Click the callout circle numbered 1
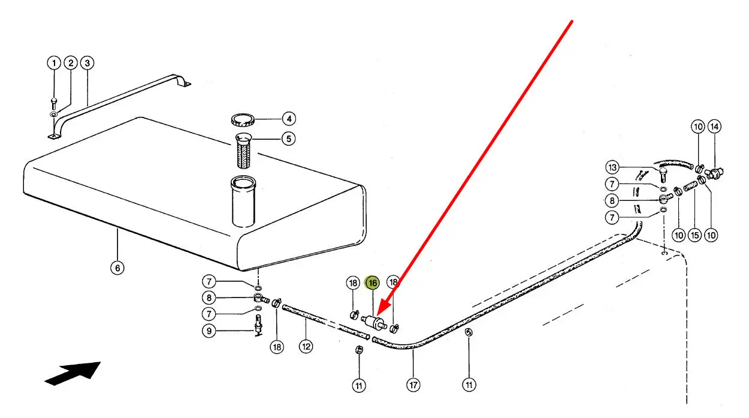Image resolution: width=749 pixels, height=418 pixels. click(x=54, y=63)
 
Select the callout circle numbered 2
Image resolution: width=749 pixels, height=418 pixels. click(x=71, y=63)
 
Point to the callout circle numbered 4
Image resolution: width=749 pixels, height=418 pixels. click(x=288, y=119)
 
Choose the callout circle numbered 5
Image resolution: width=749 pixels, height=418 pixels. click(x=288, y=139)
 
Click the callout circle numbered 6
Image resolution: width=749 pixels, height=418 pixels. click(x=117, y=268)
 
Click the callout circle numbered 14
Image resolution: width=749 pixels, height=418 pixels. click(x=714, y=127)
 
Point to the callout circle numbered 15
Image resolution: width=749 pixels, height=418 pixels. click(x=694, y=235)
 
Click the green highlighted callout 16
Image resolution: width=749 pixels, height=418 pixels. click(x=373, y=282)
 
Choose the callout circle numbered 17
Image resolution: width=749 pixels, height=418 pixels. click(x=413, y=385)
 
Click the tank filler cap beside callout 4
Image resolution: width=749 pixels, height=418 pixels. click(x=243, y=119)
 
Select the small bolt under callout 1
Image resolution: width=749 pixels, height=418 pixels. click(x=54, y=104)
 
